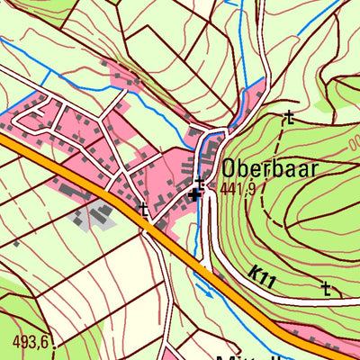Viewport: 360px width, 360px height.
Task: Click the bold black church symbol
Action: [195, 193]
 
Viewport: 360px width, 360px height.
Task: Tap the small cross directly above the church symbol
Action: [199, 181]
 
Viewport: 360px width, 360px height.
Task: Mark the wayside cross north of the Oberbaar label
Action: [289, 116]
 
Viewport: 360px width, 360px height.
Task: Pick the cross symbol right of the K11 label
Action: [326, 288]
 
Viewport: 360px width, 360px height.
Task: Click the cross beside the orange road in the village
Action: [143, 209]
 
